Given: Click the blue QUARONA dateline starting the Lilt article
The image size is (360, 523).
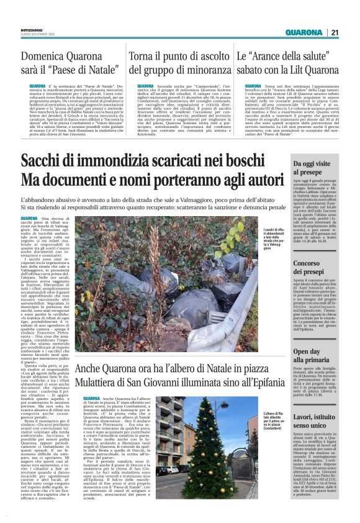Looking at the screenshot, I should (253, 85).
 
